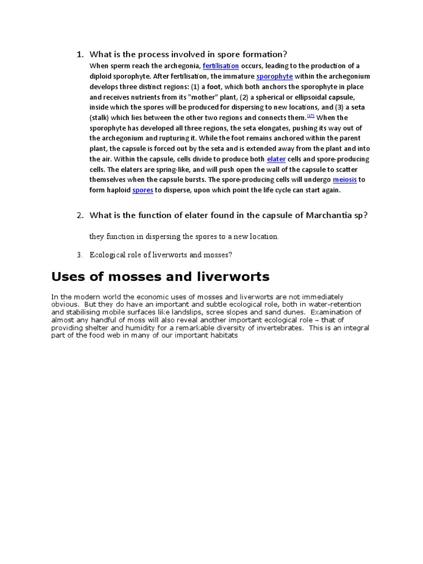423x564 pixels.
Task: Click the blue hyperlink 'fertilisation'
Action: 221,66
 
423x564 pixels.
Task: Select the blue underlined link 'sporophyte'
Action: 274,77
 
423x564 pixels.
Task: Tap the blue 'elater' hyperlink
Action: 276,159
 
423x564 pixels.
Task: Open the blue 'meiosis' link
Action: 345,180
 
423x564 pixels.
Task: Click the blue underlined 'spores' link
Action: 143,190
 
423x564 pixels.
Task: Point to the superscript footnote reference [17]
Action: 311,116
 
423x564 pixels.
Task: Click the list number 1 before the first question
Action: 79,54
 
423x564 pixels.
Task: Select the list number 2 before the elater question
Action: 79,215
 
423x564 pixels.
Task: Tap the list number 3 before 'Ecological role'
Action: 79,255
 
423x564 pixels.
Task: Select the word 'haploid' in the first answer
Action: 114,190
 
